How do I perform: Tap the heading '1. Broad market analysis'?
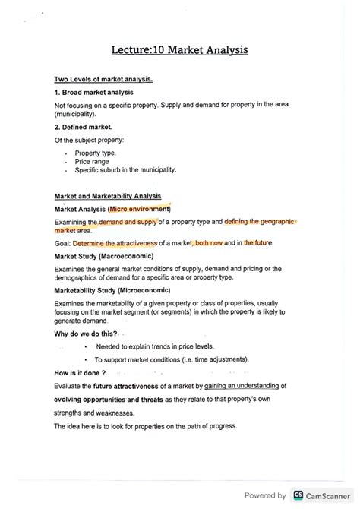[94, 91]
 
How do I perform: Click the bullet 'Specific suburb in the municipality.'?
[125, 170]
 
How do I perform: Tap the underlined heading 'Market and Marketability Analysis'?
[107, 196]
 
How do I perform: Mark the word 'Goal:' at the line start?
[63, 243]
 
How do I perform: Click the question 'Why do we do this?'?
[86, 334]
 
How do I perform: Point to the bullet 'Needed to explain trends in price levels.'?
[164, 346]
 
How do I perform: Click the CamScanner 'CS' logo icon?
[298, 495]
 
